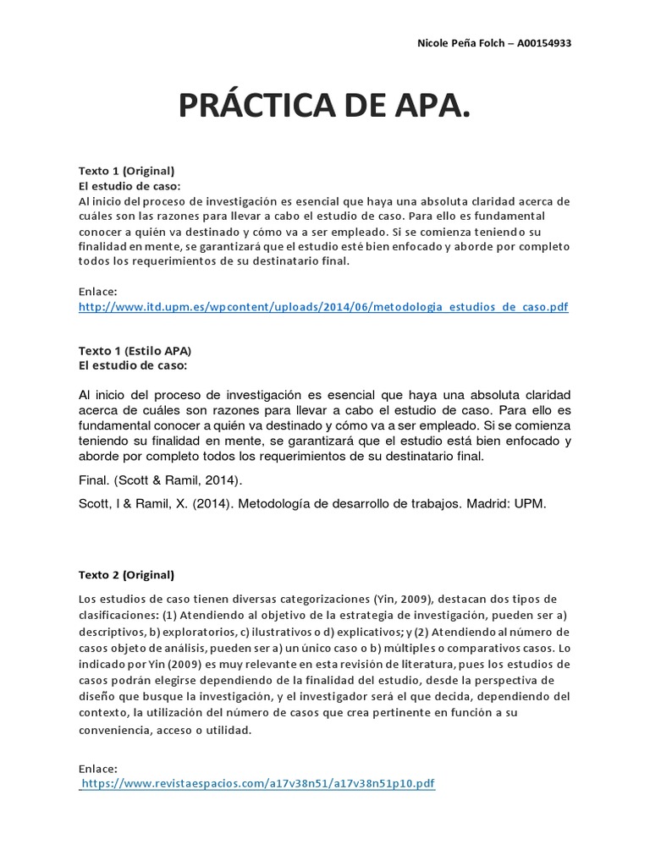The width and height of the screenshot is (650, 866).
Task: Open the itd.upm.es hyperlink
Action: (322, 309)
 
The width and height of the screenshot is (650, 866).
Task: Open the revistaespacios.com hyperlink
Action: (257, 784)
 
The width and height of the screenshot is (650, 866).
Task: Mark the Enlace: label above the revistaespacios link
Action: (97, 768)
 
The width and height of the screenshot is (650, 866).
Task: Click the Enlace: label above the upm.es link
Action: (97, 292)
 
